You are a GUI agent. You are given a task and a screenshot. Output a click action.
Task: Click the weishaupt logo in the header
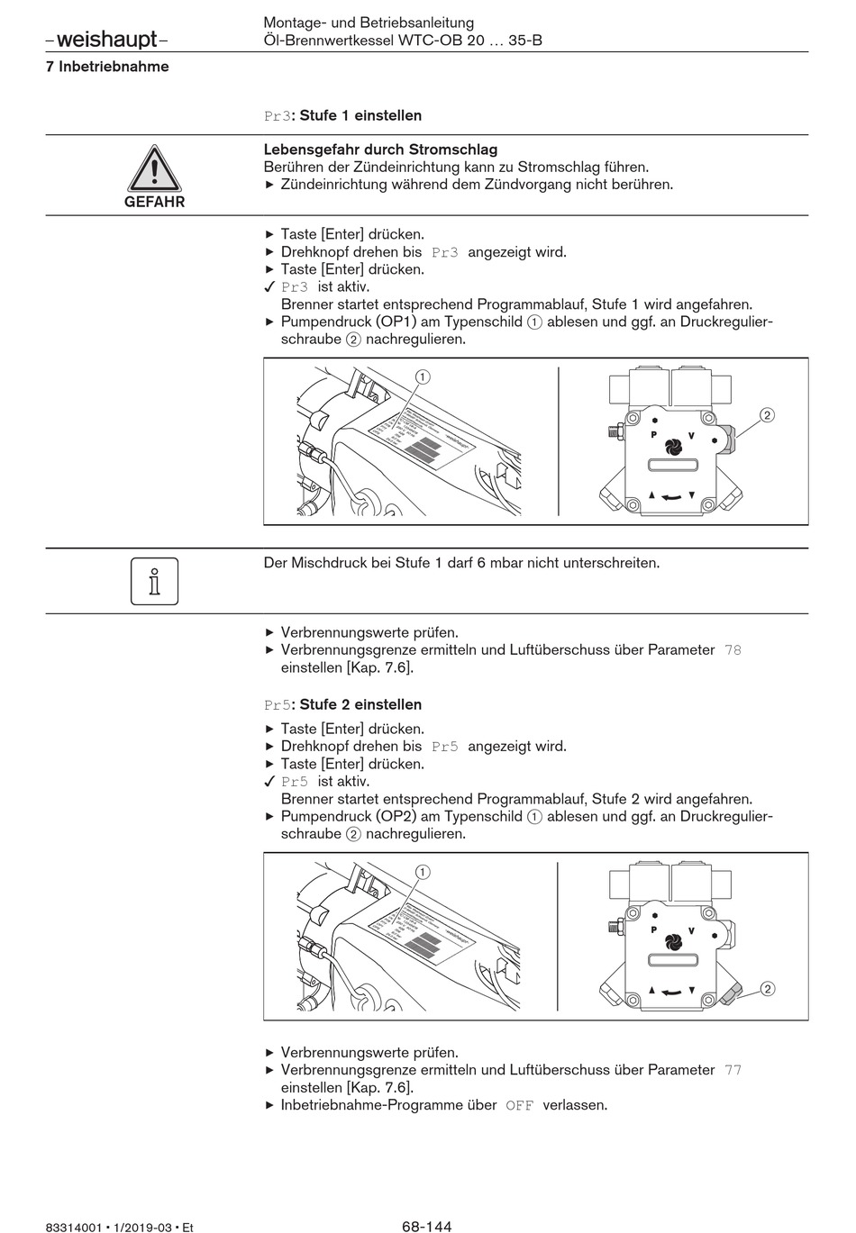(x=105, y=40)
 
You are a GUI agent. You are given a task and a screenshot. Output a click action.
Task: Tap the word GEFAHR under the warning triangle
(x=154, y=202)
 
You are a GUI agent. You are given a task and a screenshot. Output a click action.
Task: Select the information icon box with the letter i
(x=154, y=581)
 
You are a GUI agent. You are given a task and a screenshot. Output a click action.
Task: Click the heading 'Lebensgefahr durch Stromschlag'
(x=380, y=150)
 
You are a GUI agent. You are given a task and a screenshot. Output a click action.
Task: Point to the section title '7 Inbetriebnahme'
(x=107, y=67)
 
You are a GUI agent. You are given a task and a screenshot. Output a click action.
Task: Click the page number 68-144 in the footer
(x=426, y=1226)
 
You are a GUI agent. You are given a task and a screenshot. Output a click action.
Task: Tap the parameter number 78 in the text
(x=733, y=649)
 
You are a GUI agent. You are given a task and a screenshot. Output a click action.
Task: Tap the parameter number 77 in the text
(x=733, y=1070)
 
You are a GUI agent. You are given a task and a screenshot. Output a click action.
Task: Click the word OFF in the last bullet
(x=520, y=1105)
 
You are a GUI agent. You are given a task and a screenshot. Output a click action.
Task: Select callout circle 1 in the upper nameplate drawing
(x=422, y=376)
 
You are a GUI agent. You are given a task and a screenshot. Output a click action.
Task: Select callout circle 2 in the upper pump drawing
(x=767, y=415)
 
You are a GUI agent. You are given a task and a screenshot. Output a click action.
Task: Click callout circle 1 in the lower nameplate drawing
(x=422, y=871)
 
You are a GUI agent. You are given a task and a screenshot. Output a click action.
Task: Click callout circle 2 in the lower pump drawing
(x=768, y=989)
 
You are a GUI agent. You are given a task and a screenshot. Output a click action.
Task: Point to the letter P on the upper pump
(x=653, y=434)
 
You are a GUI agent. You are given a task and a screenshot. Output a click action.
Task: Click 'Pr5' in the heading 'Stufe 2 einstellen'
(x=278, y=704)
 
